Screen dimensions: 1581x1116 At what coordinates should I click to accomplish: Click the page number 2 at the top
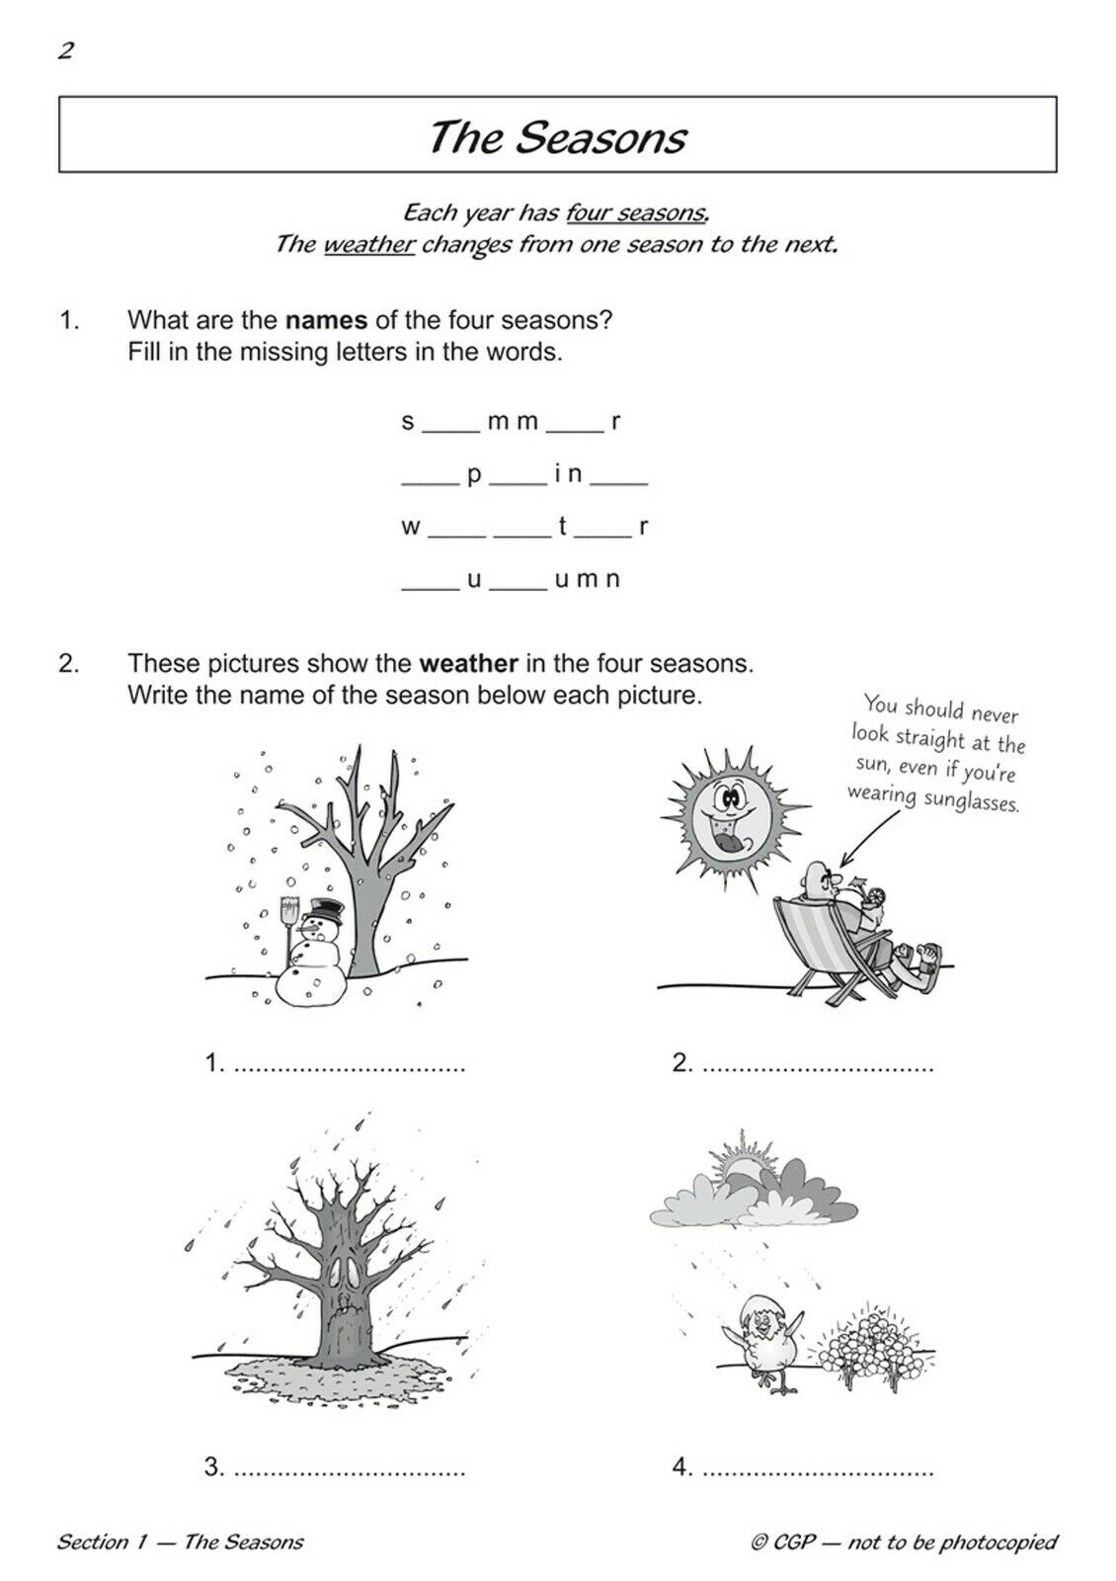(x=66, y=51)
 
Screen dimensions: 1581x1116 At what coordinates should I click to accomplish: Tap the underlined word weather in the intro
(x=368, y=244)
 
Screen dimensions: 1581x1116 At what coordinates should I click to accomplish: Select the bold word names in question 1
(x=326, y=320)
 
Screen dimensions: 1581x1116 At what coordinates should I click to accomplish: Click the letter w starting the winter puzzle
(x=411, y=527)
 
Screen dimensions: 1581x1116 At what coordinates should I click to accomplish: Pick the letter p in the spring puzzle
(x=474, y=475)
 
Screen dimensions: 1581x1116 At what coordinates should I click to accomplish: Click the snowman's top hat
(x=323, y=908)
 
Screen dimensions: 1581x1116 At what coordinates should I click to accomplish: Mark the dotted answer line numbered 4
(x=818, y=1469)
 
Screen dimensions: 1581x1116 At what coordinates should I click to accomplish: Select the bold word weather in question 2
(x=469, y=662)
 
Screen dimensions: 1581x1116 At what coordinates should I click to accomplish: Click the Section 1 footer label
(x=180, y=1541)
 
